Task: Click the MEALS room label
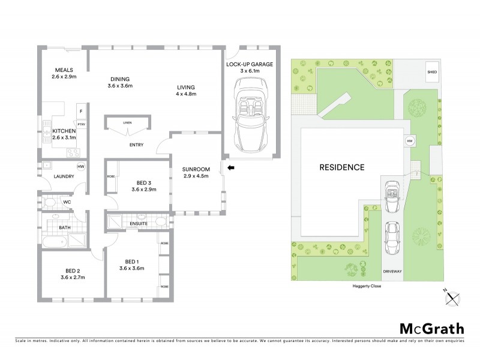(63, 70)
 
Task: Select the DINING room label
(119, 79)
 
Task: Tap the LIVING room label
(185, 86)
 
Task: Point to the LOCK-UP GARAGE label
(250, 64)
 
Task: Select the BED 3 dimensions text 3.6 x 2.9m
(144, 190)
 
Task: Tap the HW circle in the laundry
(80, 167)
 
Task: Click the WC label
(67, 202)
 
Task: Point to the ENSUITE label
(139, 223)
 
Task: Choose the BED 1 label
(133, 262)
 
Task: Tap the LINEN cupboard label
(127, 123)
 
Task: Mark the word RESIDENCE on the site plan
(341, 167)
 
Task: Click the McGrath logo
(432, 328)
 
